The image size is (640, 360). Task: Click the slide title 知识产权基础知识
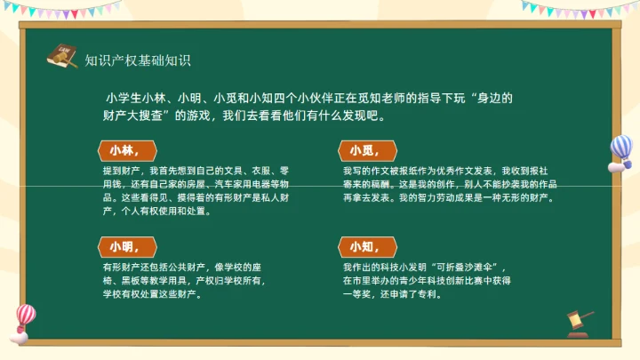click(138, 60)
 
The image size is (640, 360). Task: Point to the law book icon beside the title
click(61, 55)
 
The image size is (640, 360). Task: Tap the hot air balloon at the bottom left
click(24, 321)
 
